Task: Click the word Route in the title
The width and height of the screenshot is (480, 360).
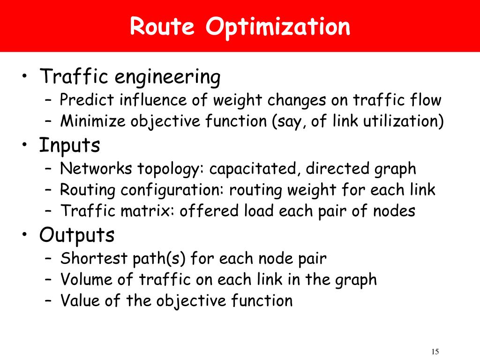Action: pyautogui.click(x=162, y=27)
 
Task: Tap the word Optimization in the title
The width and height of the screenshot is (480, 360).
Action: pyautogui.click(x=277, y=28)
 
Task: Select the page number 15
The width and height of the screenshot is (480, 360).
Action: pyautogui.click(x=434, y=352)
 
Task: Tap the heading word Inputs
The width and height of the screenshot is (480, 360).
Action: pyautogui.click(x=70, y=146)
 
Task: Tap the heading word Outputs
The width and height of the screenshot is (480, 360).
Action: pyautogui.click(x=77, y=235)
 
